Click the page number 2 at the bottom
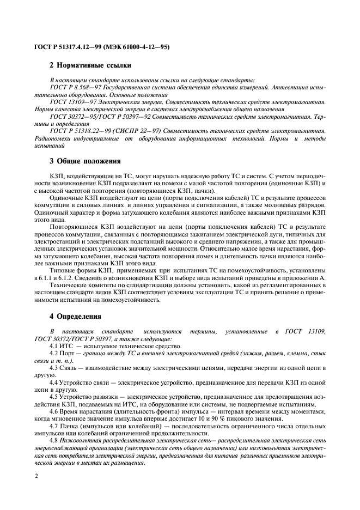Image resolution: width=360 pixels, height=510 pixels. (x=35, y=476)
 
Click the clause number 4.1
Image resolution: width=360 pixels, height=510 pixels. (x=54, y=347)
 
